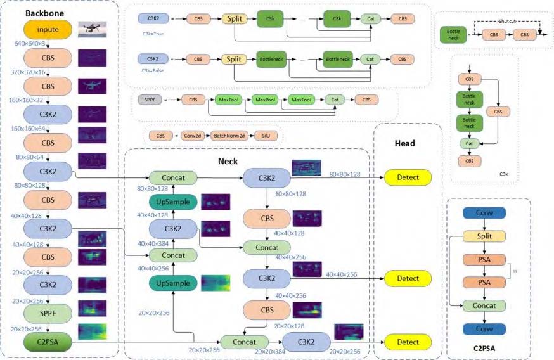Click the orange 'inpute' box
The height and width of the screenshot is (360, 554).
pyautogui.click(x=48, y=29)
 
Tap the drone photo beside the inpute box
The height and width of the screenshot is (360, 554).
pyautogui.click(x=93, y=29)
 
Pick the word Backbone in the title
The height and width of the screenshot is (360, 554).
pyautogui.click(x=44, y=13)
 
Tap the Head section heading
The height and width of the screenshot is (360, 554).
pyautogui.click(x=404, y=143)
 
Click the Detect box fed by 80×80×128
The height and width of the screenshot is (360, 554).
pyautogui.click(x=408, y=177)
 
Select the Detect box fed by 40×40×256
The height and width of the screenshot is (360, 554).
pyautogui.click(x=408, y=278)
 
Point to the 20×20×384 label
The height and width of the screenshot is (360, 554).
pyautogui.click(x=269, y=350)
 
